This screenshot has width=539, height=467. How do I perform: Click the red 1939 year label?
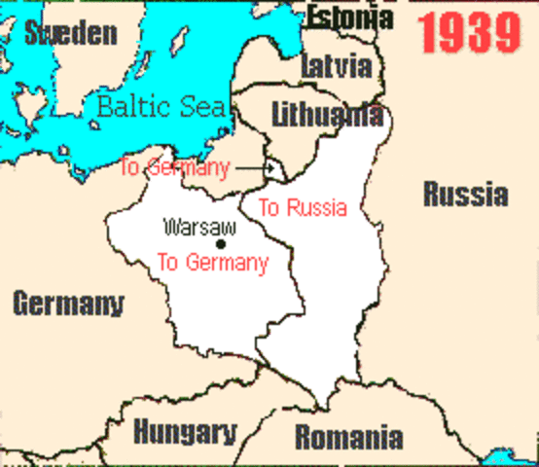pos(471,34)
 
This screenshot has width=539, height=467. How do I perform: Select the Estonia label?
pos(350,17)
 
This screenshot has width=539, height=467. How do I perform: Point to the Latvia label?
pos(337,66)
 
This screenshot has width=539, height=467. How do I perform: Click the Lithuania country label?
pos(326,114)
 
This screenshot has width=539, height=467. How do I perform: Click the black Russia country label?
pos(465,194)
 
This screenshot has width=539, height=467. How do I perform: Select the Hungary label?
pos(185,431)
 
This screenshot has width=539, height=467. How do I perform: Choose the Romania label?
pos(348,437)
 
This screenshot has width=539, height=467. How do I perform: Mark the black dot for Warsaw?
pos(222,243)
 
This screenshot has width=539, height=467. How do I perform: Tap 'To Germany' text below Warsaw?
pos(212,262)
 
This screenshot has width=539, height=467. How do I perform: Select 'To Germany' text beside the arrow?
pos(174,168)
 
